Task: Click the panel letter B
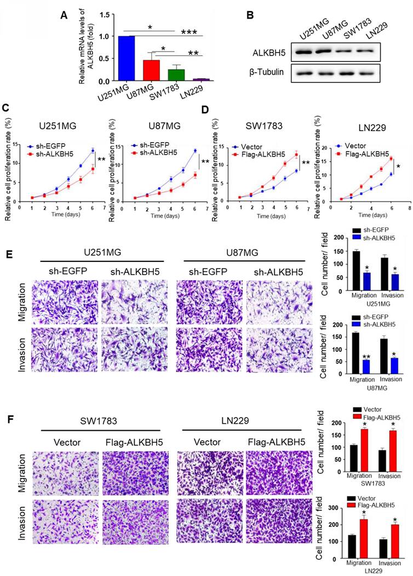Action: point(251,15)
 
